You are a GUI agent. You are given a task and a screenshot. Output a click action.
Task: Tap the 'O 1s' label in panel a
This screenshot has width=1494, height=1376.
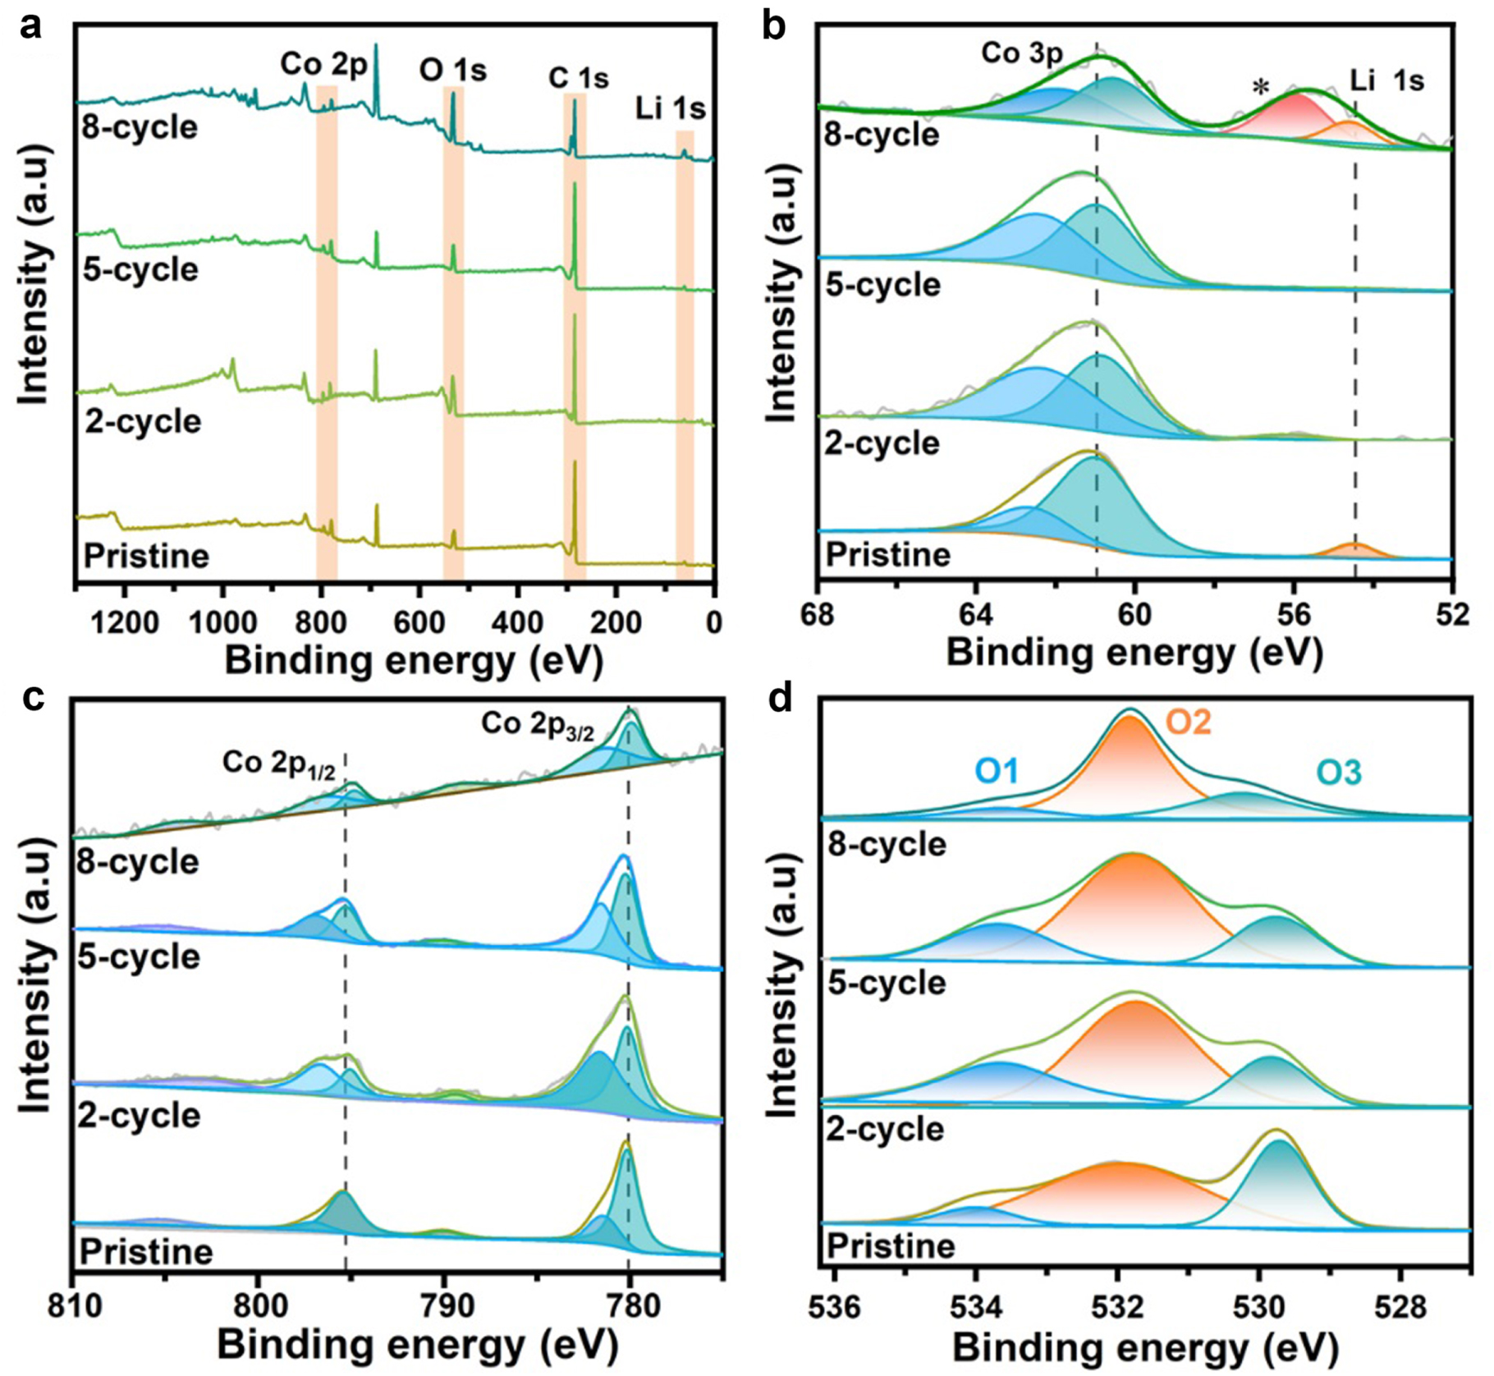[452, 71]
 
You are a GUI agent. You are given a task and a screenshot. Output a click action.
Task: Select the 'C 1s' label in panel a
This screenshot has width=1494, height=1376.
[578, 78]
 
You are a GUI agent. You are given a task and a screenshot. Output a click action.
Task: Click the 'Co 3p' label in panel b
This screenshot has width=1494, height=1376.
[1022, 54]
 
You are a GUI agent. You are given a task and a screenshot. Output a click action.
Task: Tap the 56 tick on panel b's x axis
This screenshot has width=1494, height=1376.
[1294, 616]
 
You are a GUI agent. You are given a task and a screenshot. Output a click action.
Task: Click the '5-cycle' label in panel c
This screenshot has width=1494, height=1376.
[139, 956]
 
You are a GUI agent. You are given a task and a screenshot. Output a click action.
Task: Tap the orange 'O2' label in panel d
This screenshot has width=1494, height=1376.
[1189, 722]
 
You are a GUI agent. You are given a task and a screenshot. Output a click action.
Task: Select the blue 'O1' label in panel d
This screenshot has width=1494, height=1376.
[997, 771]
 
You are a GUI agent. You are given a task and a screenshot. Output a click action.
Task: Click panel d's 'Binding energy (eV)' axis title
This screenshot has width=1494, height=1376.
[1145, 1348]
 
